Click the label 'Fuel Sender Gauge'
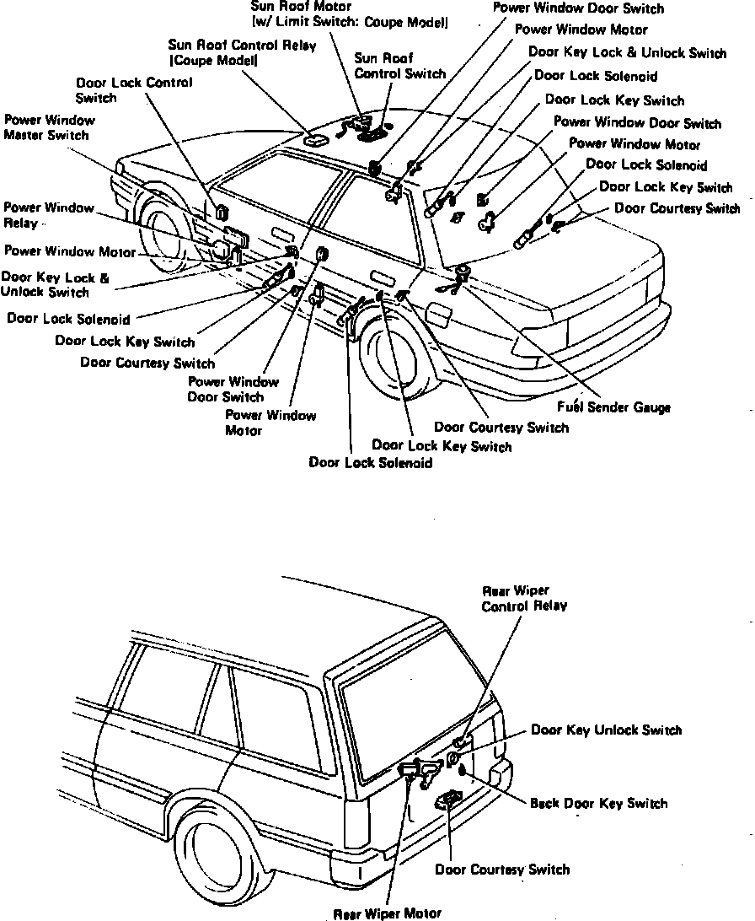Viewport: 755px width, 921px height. point(613,407)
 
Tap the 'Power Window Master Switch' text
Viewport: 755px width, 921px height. point(46,127)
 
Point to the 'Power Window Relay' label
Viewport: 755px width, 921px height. point(48,215)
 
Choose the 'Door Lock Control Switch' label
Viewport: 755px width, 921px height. point(134,90)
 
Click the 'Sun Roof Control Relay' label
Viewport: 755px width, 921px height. point(242,52)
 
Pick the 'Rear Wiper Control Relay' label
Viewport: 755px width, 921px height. point(524,598)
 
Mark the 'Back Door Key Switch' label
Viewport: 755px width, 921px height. point(598,803)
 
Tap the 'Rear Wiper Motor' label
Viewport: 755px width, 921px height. point(387,913)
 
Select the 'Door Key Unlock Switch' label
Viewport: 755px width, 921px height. point(606,730)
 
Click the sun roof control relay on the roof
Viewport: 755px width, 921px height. point(316,141)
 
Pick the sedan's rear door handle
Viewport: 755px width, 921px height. point(381,280)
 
